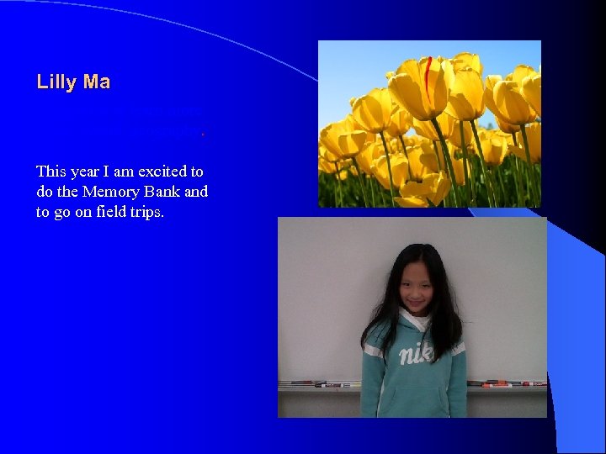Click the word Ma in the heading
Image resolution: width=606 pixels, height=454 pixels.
click(97, 82)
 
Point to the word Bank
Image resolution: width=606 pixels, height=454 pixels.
click(163, 192)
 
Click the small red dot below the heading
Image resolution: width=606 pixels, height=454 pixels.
click(203, 133)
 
